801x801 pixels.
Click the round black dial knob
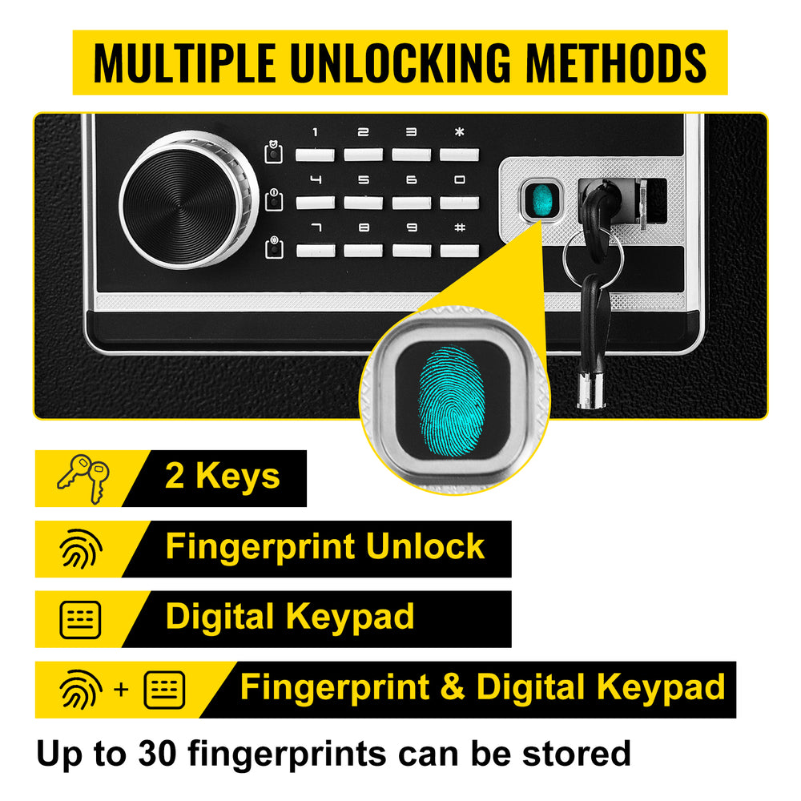point(188,199)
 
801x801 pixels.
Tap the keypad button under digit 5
point(363,203)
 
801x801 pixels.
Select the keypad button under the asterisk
point(459,155)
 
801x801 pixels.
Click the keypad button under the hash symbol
point(459,250)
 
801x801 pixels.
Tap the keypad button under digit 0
point(459,203)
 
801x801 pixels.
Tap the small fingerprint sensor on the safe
point(541,199)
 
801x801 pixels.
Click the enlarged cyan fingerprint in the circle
point(452,401)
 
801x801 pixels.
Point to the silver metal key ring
point(593,256)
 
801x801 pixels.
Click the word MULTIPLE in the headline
point(185,62)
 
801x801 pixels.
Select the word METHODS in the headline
point(615,62)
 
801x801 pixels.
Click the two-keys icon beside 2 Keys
point(83,478)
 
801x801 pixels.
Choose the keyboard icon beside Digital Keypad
point(80,620)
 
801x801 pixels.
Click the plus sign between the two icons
point(122,690)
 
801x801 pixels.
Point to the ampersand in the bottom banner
point(453,686)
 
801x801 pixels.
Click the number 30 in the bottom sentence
point(157,753)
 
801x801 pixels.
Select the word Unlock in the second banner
point(425,546)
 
